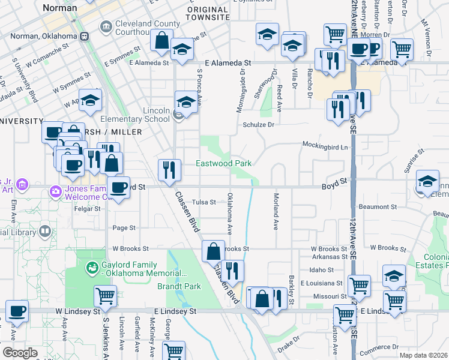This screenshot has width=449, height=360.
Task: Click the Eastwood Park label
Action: pos(223,163)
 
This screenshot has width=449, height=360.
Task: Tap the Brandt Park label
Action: pos(178,286)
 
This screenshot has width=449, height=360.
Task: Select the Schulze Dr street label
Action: pos(258,124)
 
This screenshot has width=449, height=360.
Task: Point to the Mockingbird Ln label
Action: pos(325,146)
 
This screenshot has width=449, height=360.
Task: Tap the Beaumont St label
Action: pos(377,206)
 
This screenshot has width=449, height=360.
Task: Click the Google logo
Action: pos(19,353)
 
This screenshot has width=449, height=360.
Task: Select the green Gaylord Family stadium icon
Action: pos(92,268)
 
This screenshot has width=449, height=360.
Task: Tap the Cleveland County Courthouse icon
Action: pos(106,26)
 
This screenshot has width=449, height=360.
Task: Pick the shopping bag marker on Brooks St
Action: pos(213,251)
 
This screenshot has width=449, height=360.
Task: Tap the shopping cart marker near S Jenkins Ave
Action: pos(105,295)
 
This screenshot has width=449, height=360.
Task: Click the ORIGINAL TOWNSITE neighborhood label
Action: pos(208,14)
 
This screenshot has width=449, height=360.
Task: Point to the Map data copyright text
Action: pos(424,355)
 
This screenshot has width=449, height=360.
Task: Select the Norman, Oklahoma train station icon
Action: pos(85,36)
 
